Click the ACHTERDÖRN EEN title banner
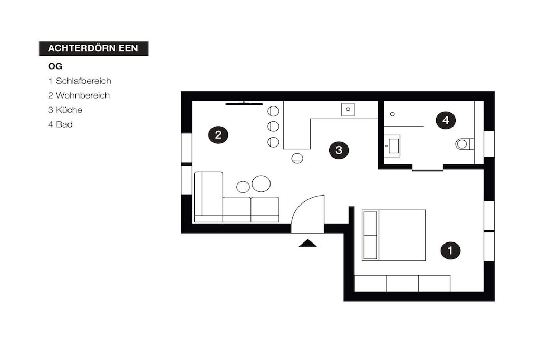point(94,48)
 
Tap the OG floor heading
point(55,66)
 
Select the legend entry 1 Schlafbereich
point(80,81)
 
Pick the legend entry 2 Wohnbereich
point(79,95)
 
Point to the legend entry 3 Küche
point(65,110)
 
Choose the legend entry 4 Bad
point(60,124)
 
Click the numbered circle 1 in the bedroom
point(450,250)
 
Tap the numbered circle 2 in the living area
point(218,134)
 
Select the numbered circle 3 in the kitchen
point(339,150)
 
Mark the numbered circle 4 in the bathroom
point(446,120)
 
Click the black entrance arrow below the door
point(307,243)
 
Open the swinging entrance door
point(307,214)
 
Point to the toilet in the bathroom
point(465,144)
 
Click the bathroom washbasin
point(392,146)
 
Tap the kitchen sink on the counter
point(348,110)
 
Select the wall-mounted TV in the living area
point(244,103)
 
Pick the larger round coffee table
point(261,183)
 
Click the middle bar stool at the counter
point(273,127)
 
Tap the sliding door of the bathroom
point(428,170)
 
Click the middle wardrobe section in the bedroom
point(402,284)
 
